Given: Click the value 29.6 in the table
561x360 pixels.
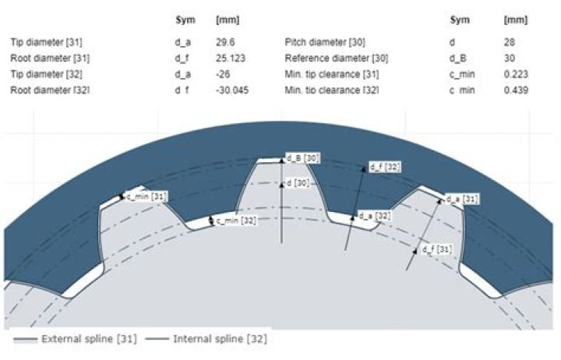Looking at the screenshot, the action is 225,42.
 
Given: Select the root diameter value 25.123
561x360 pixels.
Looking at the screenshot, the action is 231,58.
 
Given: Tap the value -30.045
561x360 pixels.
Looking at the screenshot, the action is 232,90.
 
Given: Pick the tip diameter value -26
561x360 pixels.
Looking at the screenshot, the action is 223,74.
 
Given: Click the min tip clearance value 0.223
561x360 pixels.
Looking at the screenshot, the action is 516,74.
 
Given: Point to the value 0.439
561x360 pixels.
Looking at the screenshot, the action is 516,90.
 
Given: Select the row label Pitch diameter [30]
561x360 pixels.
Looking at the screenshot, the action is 324,42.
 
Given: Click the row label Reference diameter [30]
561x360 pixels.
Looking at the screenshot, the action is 337,58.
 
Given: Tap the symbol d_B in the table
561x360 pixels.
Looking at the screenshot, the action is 457,58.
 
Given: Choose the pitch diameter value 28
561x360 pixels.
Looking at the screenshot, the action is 509,42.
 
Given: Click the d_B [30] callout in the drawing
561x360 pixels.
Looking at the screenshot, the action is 302,158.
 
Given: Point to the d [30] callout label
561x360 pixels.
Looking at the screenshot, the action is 298,183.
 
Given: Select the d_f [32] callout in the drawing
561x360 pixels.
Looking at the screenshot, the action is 385,167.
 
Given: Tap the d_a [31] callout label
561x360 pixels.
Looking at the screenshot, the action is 462,199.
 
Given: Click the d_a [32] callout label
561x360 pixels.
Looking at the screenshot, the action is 375,216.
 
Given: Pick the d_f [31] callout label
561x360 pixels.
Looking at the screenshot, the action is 436,249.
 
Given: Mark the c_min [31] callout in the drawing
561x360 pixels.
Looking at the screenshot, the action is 146,196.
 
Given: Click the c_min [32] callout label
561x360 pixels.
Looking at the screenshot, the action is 236,221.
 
